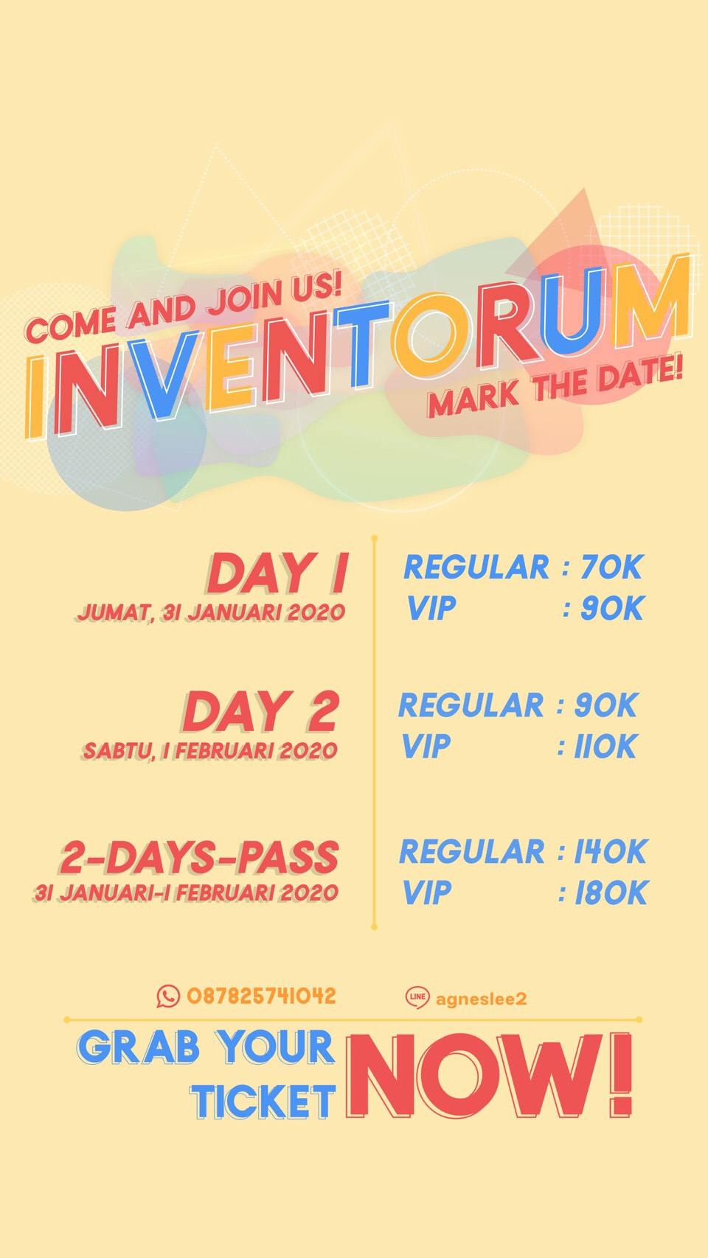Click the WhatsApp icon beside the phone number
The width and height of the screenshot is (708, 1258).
pyautogui.click(x=168, y=996)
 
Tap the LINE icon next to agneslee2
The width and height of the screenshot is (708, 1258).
pyautogui.click(x=417, y=997)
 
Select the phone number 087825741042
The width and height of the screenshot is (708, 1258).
pyautogui.click(x=261, y=996)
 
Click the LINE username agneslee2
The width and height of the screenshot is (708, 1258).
pyautogui.click(x=481, y=999)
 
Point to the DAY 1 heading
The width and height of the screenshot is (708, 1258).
pyautogui.click(x=279, y=573)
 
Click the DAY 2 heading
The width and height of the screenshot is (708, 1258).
pyautogui.click(x=261, y=712)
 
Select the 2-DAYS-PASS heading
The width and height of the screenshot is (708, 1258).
pyautogui.click(x=199, y=858)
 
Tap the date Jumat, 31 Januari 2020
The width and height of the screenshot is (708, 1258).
pyautogui.click(x=211, y=612)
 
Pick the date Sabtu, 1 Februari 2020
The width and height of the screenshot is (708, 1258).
pyautogui.click(x=210, y=751)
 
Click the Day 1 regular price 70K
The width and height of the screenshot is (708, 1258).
pyautogui.click(x=611, y=567)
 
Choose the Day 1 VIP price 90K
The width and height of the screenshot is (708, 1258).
pyautogui.click(x=611, y=608)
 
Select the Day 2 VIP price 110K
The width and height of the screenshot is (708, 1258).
pyautogui.click(x=605, y=747)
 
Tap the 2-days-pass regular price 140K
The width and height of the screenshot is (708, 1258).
pyautogui.click(x=611, y=851)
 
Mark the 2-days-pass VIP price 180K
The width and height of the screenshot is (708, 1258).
pyautogui.click(x=611, y=893)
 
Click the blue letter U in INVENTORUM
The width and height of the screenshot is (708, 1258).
pyautogui.click(x=570, y=306)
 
